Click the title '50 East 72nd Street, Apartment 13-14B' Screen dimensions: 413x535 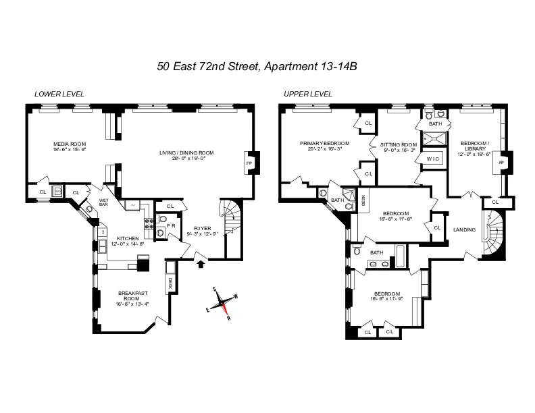267,66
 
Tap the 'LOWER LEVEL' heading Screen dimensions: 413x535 59,94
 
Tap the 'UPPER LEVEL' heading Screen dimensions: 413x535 307,94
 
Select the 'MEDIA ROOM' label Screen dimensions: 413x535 70,144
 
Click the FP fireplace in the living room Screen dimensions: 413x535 248,163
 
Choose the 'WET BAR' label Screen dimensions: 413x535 103,202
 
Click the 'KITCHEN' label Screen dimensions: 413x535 128,238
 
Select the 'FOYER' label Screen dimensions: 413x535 203,228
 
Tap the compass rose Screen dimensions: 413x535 224,303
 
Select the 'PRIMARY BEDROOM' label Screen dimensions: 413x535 325,144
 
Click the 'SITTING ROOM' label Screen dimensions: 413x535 398,144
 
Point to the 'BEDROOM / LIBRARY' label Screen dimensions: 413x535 476,146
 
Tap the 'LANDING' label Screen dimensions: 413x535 463,229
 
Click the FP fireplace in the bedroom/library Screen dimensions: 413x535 501,163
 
